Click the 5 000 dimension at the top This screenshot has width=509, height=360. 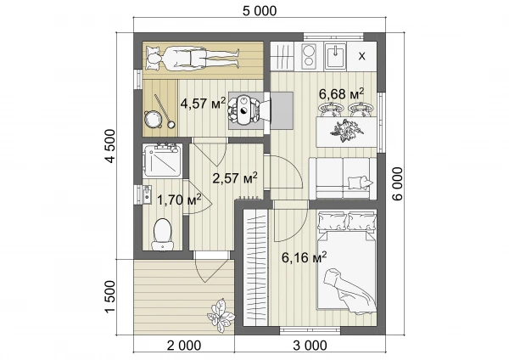click(x=260, y=11)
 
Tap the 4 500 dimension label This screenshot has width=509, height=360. click(x=110, y=146)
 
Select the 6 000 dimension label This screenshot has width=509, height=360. click(x=398, y=183)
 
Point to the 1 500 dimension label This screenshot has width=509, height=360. click(x=110, y=296)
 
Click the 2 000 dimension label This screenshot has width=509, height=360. click(x=184, y=346)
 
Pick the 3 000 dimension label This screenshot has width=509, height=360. click(x=310, y=346)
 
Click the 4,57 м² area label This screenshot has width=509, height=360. click(x=203, y=104)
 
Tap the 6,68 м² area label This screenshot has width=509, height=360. click(x=341, y=94)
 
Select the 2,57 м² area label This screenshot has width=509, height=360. click(x=235, y=177)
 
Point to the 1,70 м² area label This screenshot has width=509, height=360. click(x=179, y=200)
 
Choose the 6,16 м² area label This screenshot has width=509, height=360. click(x=304, y=257)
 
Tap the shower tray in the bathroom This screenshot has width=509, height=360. click(x=162, y=160)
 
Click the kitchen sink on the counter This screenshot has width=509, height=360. click(x=336, y=56)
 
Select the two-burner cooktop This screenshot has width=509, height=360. click(x=309, y=56)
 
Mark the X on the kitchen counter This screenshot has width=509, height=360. click(x=361, y=56)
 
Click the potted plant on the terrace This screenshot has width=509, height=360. click(x=221, y=315)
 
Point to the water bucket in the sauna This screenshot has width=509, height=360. click(x=152, y=119)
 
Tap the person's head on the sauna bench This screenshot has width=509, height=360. click(x=154, y=59)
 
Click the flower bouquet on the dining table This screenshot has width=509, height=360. click(x=346, y=130)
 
